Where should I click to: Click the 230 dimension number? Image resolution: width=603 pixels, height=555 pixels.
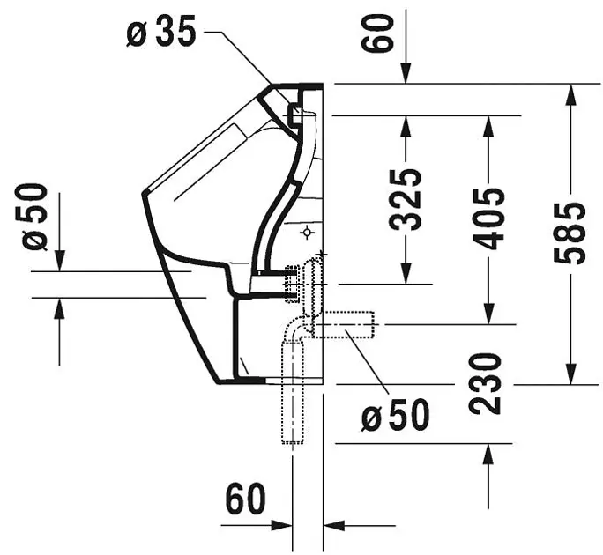tap(486, 384)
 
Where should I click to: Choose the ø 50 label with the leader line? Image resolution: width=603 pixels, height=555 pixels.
tap(396, 415)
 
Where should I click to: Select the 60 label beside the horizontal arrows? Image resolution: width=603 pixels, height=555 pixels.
tap(244, 499)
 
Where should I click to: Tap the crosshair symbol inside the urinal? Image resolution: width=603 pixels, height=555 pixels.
tap(307, 233)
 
